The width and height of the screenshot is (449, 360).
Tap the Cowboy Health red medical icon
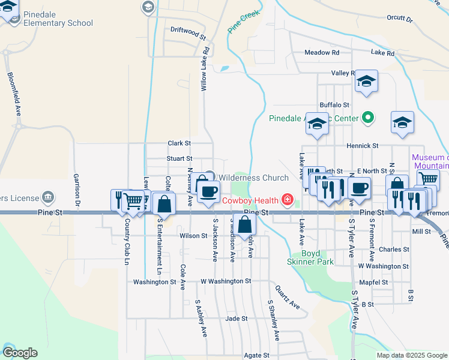[x=288, y=200]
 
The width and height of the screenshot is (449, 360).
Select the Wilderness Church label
[x=253, y=178]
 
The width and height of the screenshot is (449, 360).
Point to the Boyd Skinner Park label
[x=317, y=257]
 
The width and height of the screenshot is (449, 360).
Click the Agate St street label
[x=257, y=355]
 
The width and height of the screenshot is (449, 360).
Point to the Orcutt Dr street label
[x=400, y=19]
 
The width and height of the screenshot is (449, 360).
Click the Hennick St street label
[x=363, y=146]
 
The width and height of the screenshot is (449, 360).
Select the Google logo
[x=20, y=353]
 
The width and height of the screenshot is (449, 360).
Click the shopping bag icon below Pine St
[x=245, y=225]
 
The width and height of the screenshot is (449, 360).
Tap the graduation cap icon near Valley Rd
[x=366, y=82]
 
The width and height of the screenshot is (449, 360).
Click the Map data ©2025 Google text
[x=411, y=355]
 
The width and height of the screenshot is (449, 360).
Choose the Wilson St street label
[x=193, y=236]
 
